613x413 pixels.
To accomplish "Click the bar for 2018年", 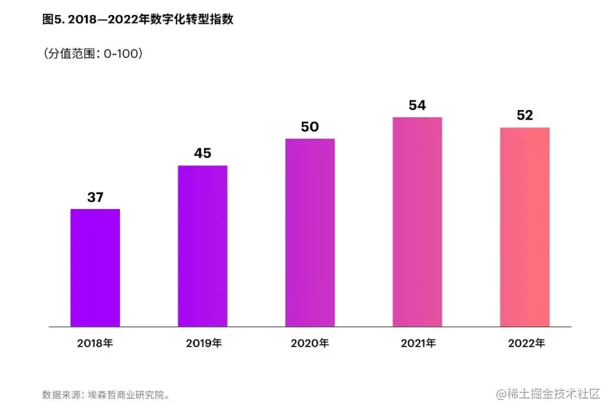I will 95,268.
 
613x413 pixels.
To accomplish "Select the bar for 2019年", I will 203,246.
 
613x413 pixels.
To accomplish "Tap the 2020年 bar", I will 310,233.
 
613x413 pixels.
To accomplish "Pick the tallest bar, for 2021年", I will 418,222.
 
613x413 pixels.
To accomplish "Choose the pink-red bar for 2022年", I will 525,227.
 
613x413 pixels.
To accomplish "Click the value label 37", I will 95,197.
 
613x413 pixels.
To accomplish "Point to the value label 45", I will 203,153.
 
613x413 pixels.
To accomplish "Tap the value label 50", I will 310,126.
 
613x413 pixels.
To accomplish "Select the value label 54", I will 418,105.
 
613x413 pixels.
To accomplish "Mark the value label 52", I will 525,115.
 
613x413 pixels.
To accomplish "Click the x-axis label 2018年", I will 95,343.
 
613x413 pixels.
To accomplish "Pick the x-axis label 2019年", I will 203,343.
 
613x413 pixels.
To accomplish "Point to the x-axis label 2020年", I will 310,343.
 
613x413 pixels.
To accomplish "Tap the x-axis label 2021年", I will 418,343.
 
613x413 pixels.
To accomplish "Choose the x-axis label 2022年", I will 525,343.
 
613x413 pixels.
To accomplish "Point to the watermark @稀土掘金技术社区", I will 548,394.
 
